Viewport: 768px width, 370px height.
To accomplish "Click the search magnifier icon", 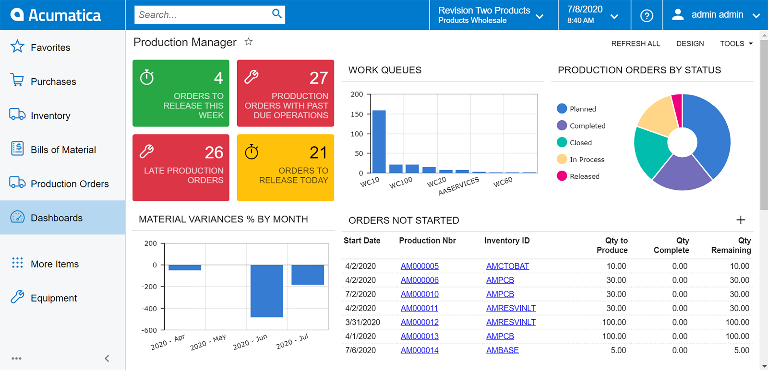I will pyautogui.click(x=276, y=14).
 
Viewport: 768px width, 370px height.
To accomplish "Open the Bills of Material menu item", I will pyautogui.click(x=62, y=150).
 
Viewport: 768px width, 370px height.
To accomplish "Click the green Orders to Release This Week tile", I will pyautogui.click(x=181, y=93).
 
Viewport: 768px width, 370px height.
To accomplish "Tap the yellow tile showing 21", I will pyautogui.click(x=286, y=167).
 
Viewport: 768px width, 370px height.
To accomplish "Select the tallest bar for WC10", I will pyautogui.click(x=379, y=141).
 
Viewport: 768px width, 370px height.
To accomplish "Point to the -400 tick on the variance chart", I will pyautogui.click(x=149, y=309).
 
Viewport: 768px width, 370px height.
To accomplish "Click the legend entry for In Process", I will pyautogui.click(x=587, y=160).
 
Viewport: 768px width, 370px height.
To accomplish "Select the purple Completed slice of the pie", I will pyautogui.click(x=682, y=173).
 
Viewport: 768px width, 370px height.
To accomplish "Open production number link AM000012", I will pyautogui.click(x=420, y=322).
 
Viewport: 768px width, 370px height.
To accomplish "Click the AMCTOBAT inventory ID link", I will pyautogui.click(x=507, y=266).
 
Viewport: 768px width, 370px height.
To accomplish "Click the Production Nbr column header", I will pyautogui.click(x=427, y=241).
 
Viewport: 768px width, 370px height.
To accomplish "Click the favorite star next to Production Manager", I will pyautogui.click(x=249, y=42).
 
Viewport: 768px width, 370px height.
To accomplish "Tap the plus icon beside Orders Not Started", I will pyautogui.click(x=741, y=220).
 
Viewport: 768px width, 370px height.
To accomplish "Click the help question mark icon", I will pyautogui.click(x=647, y=15).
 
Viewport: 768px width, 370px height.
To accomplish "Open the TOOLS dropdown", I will pyautogui.click(x=736, y=44).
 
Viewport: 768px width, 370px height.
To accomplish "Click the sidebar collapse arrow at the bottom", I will pyautogui.click(x=107, y=358).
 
